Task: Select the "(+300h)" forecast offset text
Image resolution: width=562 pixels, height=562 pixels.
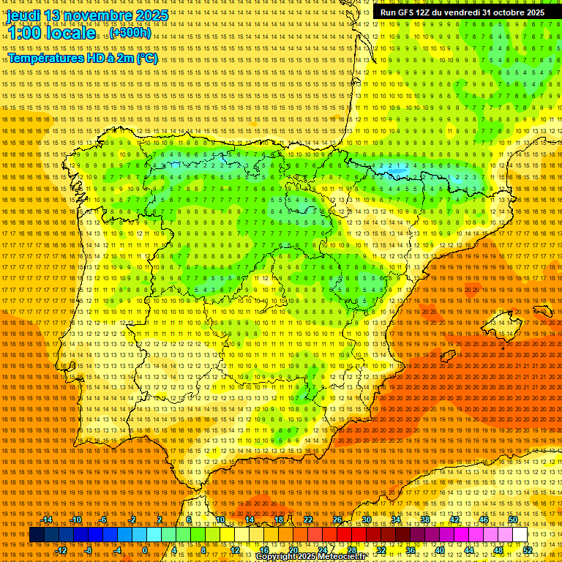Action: click(x=130, y=33)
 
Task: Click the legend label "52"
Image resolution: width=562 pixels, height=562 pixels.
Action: click(x=528, y=550)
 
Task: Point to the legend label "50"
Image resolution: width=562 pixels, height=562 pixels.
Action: click(x=513, y=520)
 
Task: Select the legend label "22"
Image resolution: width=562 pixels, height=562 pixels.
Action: click(x=308, y=520)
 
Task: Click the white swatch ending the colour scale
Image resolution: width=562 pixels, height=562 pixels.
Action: click(x=520, y=535)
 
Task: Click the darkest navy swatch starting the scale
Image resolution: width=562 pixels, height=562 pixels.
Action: click(x=37, y=535)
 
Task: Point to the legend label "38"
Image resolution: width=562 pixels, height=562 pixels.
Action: click(x=425, y=520)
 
